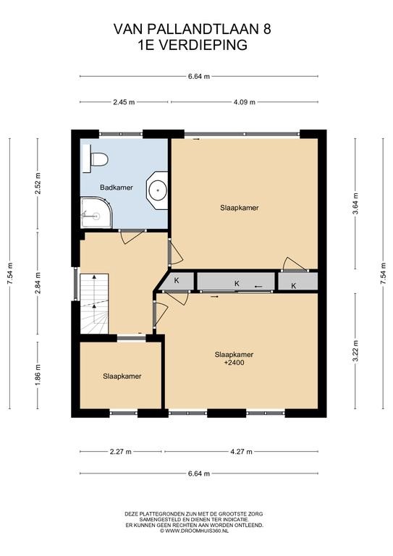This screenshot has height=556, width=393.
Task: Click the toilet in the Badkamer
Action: [96, 159]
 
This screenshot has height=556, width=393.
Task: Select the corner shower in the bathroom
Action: [96, 212]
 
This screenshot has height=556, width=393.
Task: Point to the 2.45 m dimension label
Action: [124, 102]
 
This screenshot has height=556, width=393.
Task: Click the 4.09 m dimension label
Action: [245, 102]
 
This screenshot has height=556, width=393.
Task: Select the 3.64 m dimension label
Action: [355, 203]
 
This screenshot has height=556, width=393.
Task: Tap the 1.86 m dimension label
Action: [38, 375]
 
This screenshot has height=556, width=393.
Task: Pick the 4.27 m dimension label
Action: [241, 452]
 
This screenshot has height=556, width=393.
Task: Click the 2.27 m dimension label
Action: [120, 452]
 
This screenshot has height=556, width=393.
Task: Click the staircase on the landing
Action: [94, 303]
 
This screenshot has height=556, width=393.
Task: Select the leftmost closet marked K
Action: [176, 282]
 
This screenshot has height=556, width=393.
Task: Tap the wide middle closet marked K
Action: [236, 282]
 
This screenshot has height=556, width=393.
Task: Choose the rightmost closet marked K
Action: [297, 282]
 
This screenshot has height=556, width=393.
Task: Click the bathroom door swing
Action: [132, 237]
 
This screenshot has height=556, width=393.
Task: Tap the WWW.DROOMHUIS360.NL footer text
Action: [194, 531]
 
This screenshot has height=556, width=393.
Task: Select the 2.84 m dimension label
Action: [38, 282]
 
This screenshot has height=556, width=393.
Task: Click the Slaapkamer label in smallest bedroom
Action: [122, 376]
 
